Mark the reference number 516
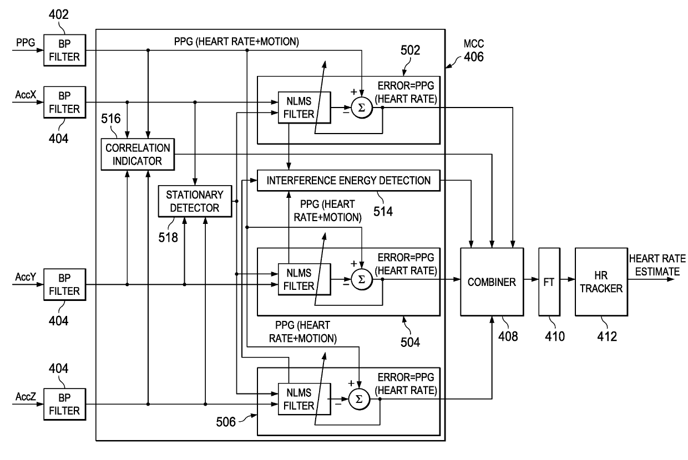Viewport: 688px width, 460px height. click(111, 119)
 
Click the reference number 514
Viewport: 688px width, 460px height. click(383, 212)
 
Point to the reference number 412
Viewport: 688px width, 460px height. click(607, 336)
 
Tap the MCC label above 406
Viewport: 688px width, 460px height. click(474, 44)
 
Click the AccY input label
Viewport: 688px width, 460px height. click(26, 277)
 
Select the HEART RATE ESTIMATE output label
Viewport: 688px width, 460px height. click(657, 265)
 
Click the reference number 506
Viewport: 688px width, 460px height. click(226, 422)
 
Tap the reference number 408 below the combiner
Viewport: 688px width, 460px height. click(508, 336)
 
